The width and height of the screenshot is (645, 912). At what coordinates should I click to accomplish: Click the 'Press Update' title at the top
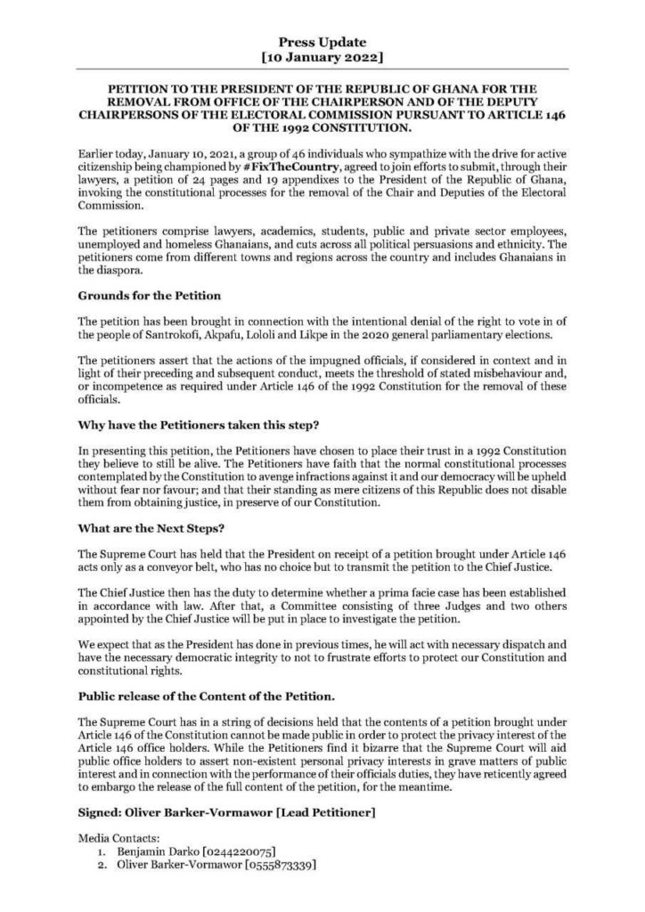click(x=322, y=42)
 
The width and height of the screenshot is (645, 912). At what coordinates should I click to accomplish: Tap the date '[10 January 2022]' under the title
click(x=322, y=58)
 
